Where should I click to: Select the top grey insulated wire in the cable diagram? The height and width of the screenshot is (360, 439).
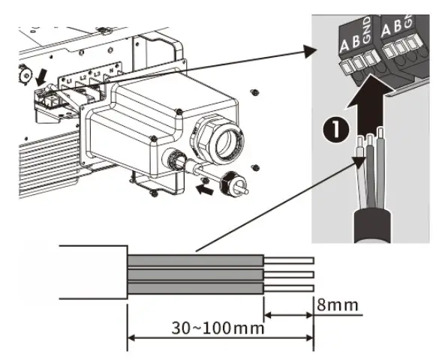195,261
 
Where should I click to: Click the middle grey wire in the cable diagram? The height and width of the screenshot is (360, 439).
195,275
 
